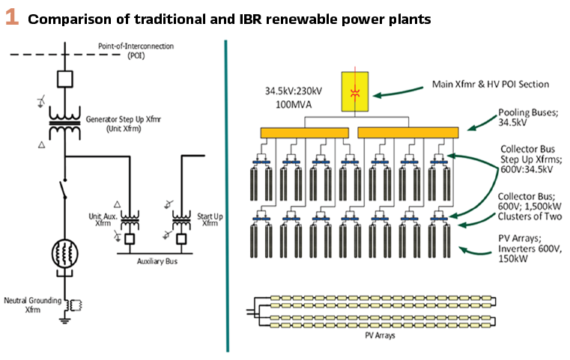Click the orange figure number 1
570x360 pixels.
(12, 18)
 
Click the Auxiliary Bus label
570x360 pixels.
(157, 261)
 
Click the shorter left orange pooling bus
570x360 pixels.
(304, 132)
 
